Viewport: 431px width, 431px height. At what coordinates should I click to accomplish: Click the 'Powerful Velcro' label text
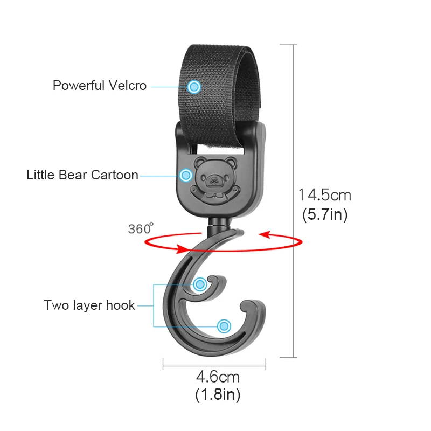[99, 86]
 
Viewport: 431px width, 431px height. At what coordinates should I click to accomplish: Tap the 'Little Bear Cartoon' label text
[82, 175]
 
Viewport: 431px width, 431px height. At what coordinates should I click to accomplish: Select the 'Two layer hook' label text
[89, 305]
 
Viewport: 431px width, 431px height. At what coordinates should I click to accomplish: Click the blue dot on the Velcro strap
[194, 86]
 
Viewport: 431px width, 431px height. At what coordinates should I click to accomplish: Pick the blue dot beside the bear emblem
[186, 175]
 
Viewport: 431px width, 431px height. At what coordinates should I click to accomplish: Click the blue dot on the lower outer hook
[224, 325]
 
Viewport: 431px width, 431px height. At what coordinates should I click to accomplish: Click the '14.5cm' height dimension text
[324, 194]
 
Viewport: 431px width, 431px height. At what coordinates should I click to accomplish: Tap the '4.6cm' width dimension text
[218, 376]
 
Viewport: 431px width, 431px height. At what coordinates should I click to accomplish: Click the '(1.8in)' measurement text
[217, 395]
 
